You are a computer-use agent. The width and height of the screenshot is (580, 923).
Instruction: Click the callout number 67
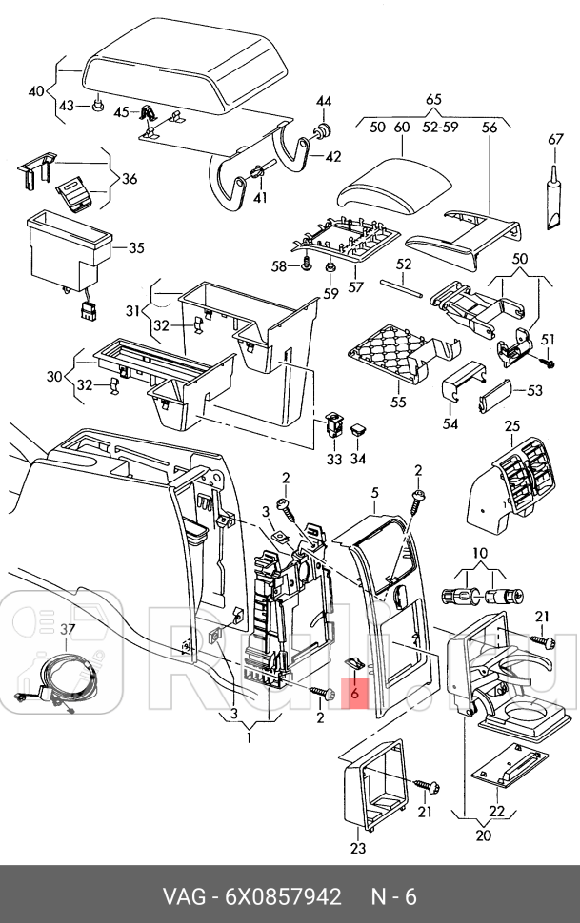point(555,139)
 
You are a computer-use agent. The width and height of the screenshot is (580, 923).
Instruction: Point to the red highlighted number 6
point(354,695)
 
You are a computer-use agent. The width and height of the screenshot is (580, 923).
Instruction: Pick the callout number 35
point(136,248)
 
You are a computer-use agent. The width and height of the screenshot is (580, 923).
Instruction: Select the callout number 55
point(397,403)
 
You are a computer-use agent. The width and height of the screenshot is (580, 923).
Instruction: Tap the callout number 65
point(433,99)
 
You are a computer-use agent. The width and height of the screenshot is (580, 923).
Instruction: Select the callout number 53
point(534,390)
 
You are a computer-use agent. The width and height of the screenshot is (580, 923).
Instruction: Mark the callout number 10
point(479,554)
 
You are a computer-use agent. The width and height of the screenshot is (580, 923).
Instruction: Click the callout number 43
point(66,105)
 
